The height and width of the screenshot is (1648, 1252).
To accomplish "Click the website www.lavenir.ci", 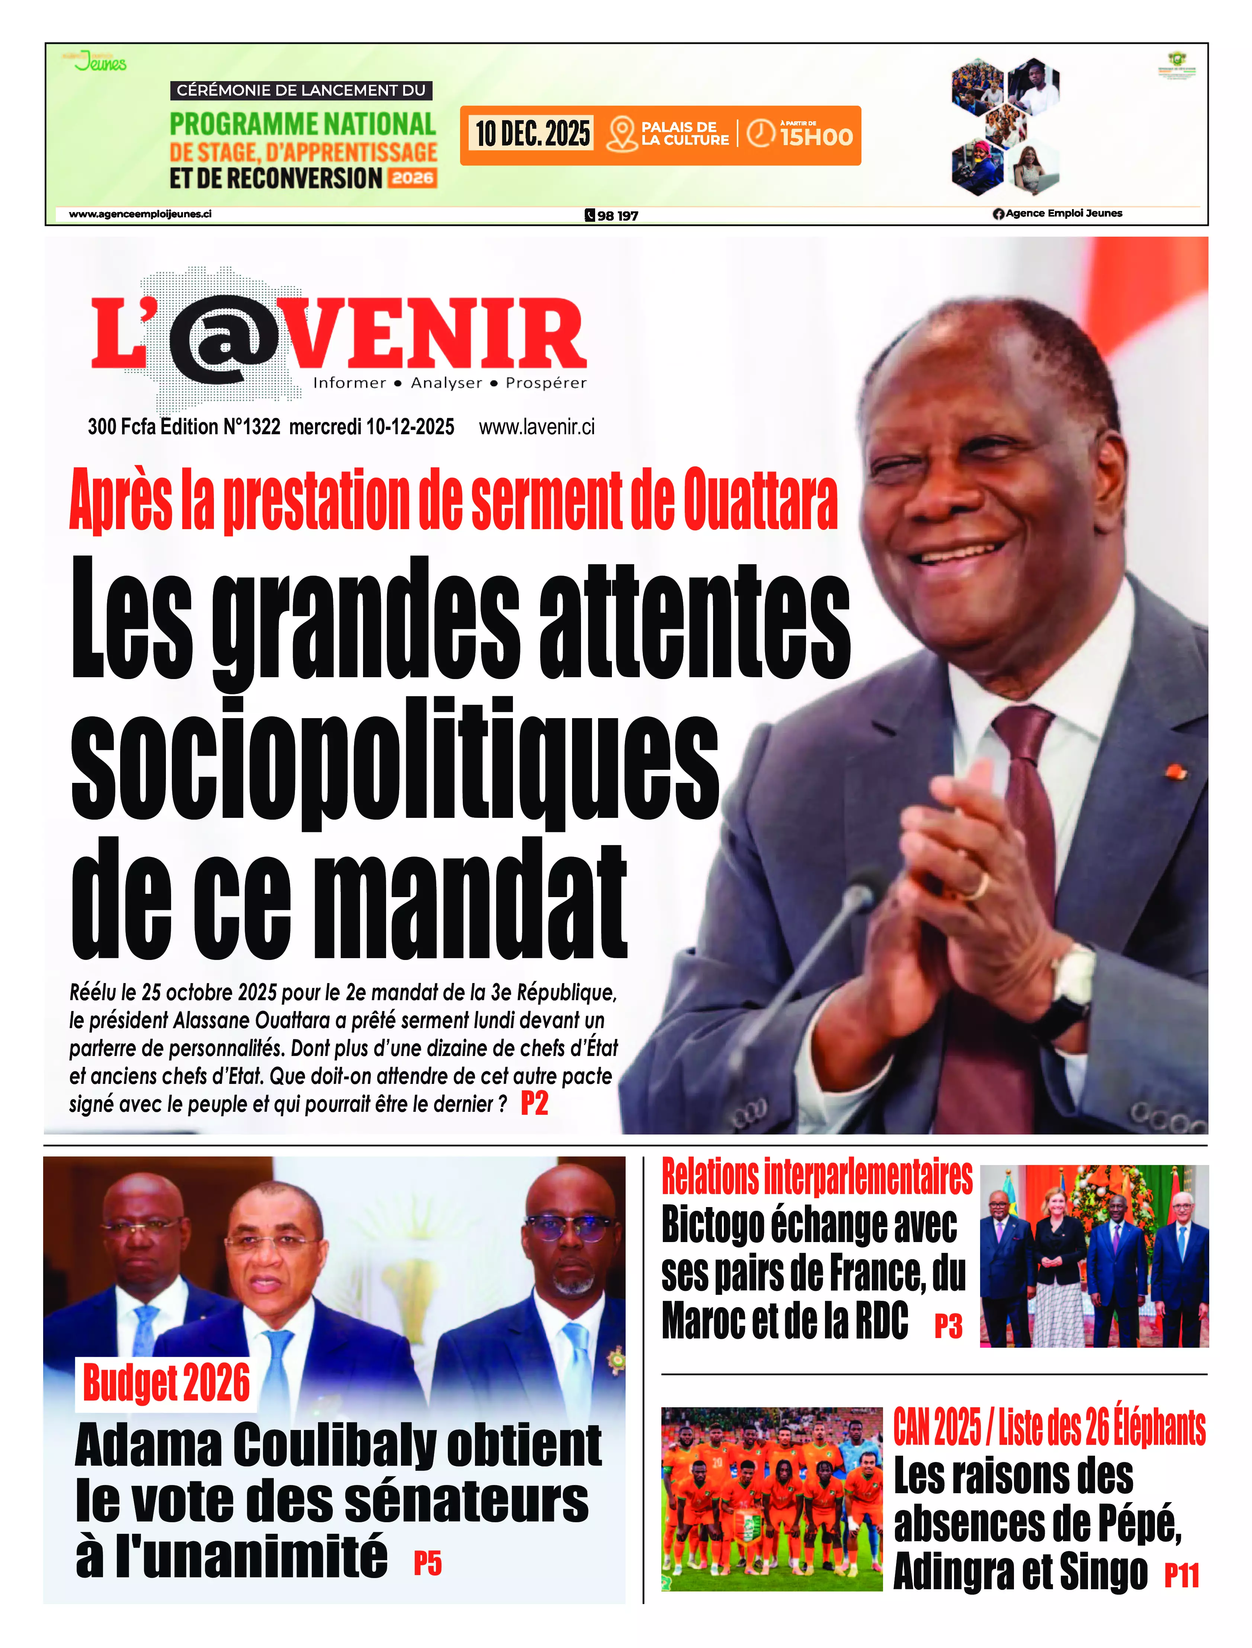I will point(537,427).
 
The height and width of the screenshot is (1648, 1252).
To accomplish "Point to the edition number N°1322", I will point(251,427).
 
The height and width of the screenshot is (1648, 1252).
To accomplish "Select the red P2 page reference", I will point(534,1103).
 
